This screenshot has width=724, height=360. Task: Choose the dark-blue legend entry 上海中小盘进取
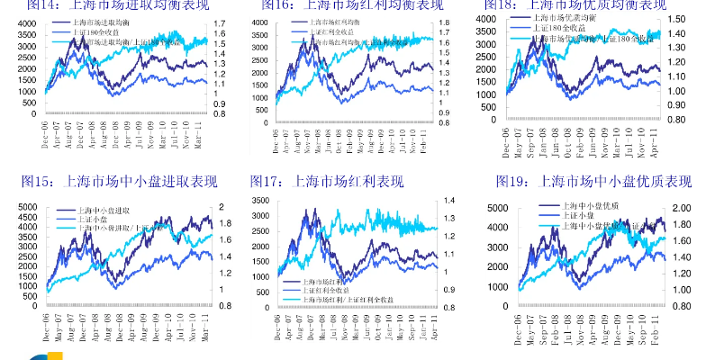[x=107, y=211]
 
